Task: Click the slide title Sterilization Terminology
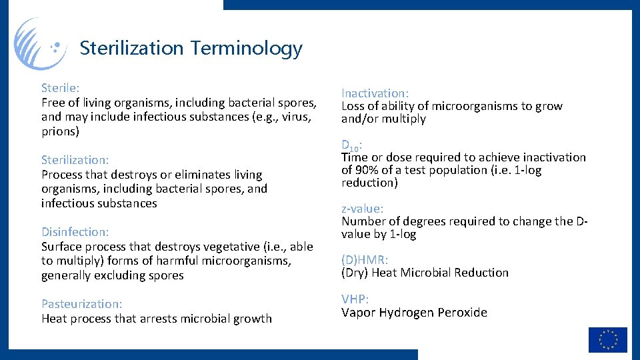(x=191, y=48)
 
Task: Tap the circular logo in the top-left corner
(x=40, y=44)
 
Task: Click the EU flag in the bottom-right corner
(x=607, y=340)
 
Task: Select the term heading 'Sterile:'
(x=60, y=88)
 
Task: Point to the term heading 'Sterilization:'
(x=75, y=160)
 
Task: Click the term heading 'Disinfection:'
(x=75, y=232)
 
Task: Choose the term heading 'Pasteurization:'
(x=81, y=304)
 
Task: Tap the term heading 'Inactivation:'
(x=375, y=93)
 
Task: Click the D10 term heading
(x=352, y=145)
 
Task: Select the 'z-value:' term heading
(x=363, y=209)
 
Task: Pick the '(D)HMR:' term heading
(x=365, y=260)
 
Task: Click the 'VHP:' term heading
(x=355, y=299)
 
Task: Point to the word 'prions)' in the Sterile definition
(x=60, y=131)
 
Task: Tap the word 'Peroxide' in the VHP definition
(x=463, y=313)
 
